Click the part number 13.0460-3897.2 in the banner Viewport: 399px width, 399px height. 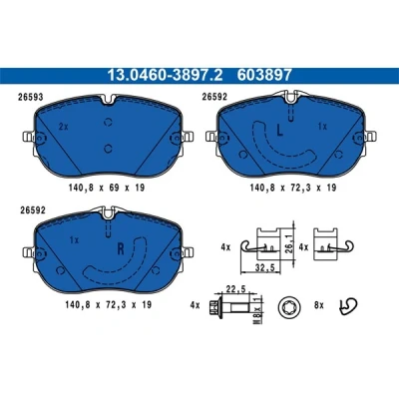165,75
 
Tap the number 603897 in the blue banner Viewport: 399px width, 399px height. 264,75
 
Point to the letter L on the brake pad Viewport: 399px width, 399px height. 280,130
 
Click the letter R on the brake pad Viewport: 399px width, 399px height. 121,248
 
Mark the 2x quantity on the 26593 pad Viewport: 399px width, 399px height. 63,127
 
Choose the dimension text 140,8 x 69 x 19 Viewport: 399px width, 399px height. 107,188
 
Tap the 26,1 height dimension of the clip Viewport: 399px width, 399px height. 288,245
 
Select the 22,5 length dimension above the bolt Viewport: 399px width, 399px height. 235,289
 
